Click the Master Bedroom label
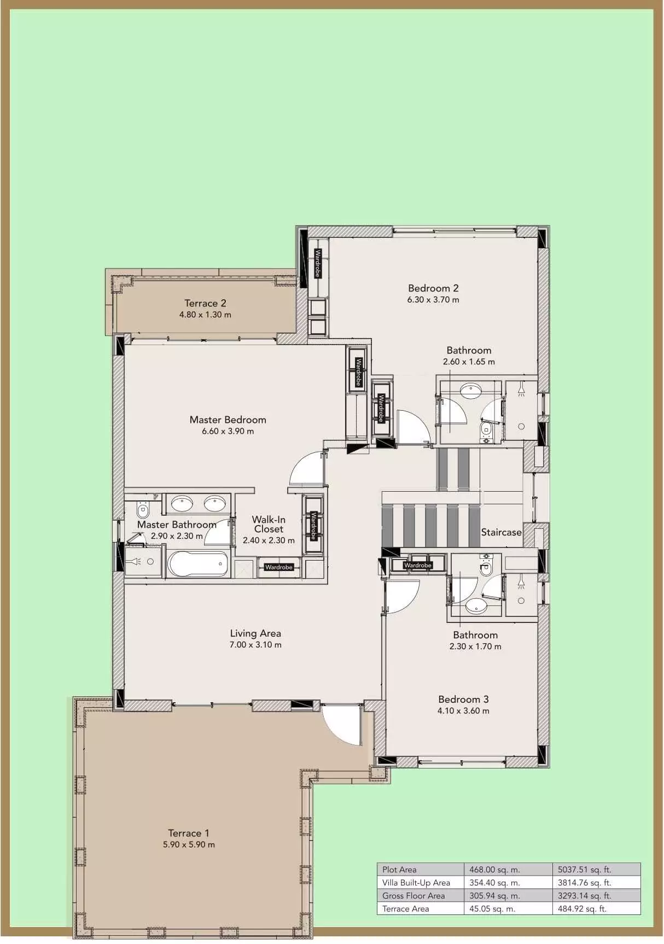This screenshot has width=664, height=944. point(228,419)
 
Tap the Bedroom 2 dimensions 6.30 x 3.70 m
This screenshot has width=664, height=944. point(433,300)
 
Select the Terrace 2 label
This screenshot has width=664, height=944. point(205,303)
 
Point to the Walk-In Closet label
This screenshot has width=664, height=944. point(269,524)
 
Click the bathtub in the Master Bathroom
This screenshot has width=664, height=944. point(197,563)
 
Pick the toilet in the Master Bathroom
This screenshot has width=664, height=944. point(143,510)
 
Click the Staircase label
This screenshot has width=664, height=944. point(501,532)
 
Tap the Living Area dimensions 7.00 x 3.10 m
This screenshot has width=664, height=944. point(255,645)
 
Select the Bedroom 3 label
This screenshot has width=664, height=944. point(463,699)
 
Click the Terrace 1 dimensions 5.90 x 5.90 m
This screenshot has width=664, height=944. point(189,844)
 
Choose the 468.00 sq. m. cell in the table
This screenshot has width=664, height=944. point(494,870)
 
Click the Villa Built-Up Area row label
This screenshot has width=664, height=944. point(416,883)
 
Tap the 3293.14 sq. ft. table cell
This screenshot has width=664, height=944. point(584,896)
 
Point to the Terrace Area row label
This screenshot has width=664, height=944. point(406,909)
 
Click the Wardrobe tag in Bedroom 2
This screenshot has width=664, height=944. point(318,263)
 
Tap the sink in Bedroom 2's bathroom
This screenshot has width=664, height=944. point(471,391)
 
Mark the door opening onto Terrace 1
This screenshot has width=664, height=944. point(342,725)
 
